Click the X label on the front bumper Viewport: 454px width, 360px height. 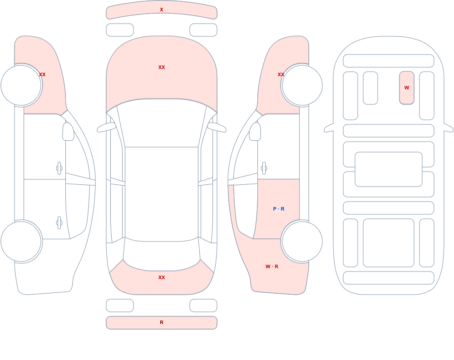(x=162, y=10)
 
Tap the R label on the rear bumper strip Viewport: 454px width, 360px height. (x=162, y=322)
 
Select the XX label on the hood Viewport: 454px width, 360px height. (x=162, y=67)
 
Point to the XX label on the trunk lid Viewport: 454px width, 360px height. (x=162, y=277)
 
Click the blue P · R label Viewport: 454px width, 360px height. (x=279, y=209)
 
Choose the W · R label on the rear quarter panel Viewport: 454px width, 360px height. (x=272, y=266)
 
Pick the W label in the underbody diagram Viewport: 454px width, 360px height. (x=407, y=88)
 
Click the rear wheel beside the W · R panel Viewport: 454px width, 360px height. (x=302, y=242)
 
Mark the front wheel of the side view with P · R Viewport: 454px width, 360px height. (x=302, y=85)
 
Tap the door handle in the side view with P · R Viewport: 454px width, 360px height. (x=264, y=168)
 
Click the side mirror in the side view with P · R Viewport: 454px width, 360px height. (x=255, y=132)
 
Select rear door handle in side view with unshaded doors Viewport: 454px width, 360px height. (x=59, y=223)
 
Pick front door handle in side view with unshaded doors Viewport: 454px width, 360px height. (x=59, y=168)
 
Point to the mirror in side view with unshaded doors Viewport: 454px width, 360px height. (x=69, y=132)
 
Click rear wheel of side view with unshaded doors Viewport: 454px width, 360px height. (x=21, y=242)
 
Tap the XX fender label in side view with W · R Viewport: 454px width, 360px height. (x=281, y=74)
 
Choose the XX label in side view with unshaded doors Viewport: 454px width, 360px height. (x=42, y=74)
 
